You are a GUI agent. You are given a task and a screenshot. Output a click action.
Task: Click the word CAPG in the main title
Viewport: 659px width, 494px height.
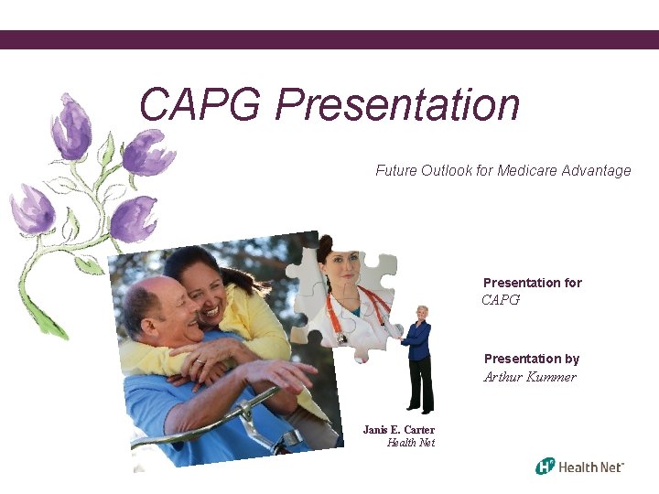coord(200,105)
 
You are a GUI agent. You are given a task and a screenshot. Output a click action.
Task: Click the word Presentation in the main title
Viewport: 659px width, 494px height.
coord(397,105)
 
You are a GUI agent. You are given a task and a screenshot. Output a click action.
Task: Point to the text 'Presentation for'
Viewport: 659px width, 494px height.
coord(532,283)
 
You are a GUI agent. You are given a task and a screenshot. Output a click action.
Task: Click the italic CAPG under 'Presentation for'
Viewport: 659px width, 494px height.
coord(501,300)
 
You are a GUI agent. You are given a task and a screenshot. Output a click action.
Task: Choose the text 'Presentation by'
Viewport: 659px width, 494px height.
coord(531,359)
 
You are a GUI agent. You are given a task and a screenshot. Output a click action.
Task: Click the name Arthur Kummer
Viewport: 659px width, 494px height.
coord(530,377)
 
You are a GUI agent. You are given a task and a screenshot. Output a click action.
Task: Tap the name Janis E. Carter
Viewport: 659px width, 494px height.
coord(398,429)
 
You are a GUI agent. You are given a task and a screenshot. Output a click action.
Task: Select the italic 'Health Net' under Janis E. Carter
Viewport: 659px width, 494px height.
coord(410,443)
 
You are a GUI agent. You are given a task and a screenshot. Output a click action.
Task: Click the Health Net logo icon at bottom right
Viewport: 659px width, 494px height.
coord(546,467)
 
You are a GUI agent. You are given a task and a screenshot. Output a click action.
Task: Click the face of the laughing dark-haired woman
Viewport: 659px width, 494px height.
coord(206,291)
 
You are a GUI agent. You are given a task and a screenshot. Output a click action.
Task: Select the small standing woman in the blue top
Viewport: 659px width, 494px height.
coord(419,357)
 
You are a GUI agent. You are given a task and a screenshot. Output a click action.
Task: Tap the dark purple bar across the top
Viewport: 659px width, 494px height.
coord(329,39)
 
